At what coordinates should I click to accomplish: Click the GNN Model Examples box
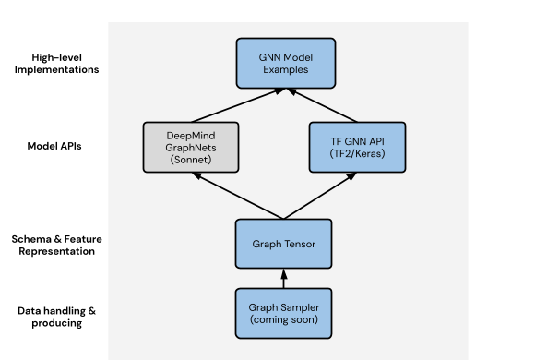(x=285, y=62)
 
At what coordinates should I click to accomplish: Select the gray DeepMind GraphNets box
(x=192, y=146)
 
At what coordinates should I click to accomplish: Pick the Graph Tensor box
(x=284, y=245)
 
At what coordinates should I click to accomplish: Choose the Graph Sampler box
(x=284, y=312)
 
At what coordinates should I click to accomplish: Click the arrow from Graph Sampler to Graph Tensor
(x=284, y=279)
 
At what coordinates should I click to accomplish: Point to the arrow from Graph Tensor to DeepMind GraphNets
(x=238, y=198)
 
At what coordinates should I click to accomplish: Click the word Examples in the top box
(x=285, y=69)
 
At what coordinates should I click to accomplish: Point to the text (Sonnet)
(x=192, y=160)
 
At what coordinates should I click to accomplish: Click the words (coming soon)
(x=284, y=319)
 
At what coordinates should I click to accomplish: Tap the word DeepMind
(x=192, y=132)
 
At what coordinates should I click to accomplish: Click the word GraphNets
(x=192, y=146)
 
